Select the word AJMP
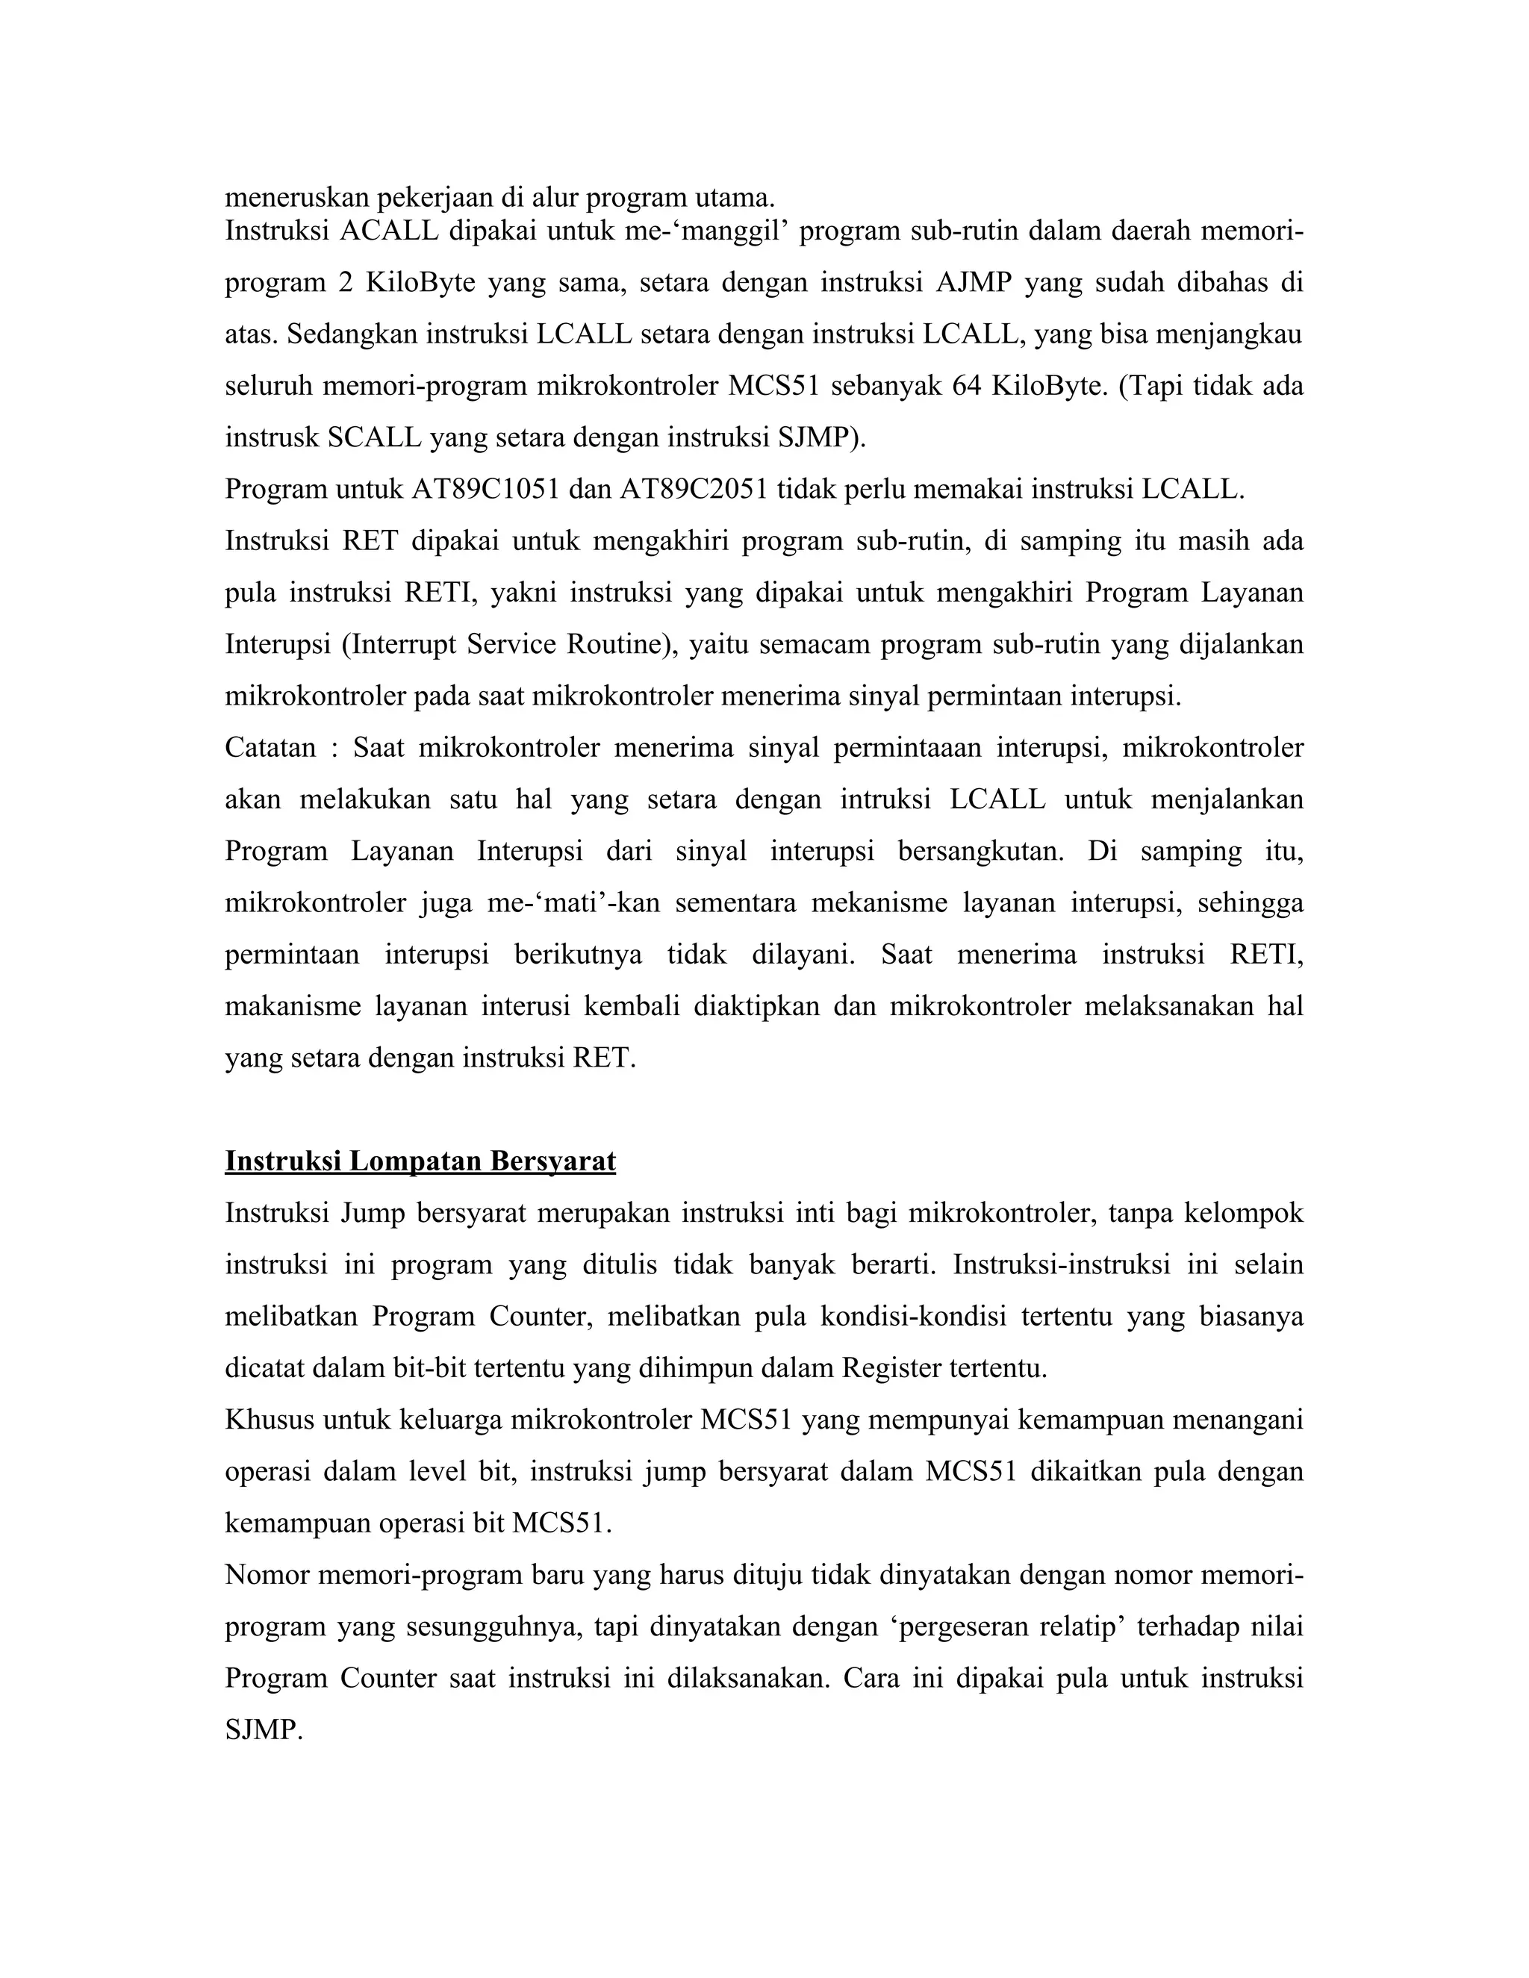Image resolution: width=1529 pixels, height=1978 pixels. point(973,283)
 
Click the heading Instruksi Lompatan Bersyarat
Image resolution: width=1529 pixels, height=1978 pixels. point(420,1161)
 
